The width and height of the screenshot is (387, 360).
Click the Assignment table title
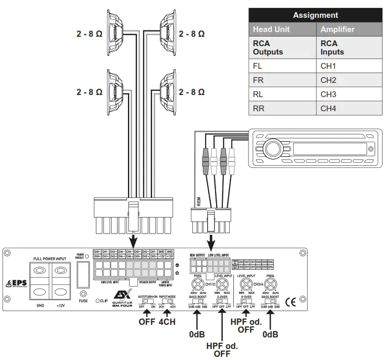click(x=315, y=15)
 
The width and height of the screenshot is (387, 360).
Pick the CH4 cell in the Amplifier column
click(x=328, y=109)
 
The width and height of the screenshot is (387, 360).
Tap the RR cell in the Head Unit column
click(x=259, y=109)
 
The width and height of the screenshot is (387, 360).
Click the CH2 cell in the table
click(x=328, y=80)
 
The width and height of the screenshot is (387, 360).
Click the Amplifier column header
click(x=338, y=30)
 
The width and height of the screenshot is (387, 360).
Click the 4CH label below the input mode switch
click(x=166, y=321)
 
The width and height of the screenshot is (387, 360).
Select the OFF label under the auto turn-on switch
click(x=147, y=321)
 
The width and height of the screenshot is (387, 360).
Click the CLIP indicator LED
click(x=98, y=301)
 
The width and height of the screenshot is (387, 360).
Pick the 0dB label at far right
click(x=271, y=334)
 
